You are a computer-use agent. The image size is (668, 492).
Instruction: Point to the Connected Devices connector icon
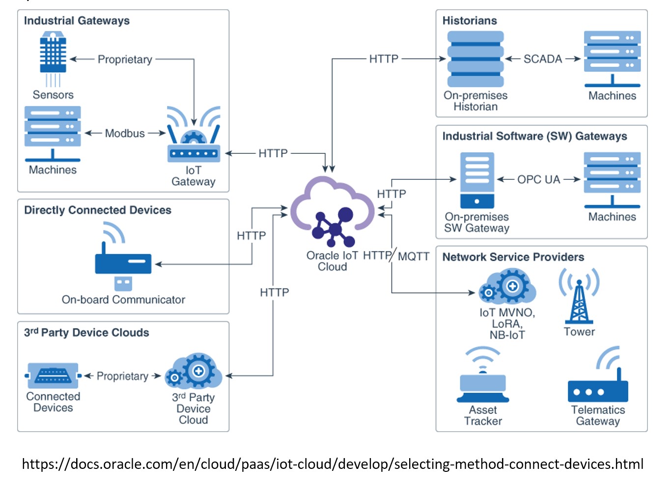pyautogui.click(x=53, y=376)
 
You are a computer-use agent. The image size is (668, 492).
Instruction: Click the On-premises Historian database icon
pyautogui.click(x=475, y=59)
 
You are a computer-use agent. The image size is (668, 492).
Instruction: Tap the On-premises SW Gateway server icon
pyautogui.click(x=477, y=180)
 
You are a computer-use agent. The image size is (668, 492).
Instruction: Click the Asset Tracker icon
pyautogui.click(x=483, y=376)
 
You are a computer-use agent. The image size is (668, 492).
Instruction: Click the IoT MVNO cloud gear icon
pyautogui.click(x=507, y=286)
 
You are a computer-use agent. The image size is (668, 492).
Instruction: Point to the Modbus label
pyautogui.click(x=125, y=133)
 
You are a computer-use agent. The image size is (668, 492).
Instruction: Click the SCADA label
pyautogui.click(x=543, y=59)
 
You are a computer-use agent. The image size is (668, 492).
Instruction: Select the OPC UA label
pyautogui.click(x=539, y=179)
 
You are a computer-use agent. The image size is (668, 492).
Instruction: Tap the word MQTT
pyautogui.click(x=414, y=256)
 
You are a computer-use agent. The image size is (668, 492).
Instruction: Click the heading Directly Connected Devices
pyautogui.click(x=98, y=210)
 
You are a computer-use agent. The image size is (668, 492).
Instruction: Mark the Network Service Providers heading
pyautogui.click(x=513, y=257)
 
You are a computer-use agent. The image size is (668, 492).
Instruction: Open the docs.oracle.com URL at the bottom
pyautogui.click(x=333, y=464)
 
